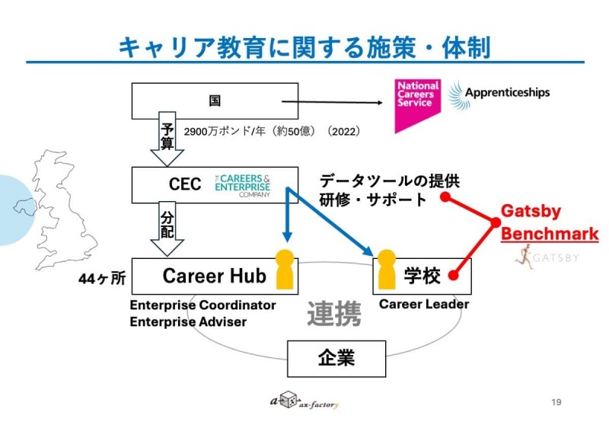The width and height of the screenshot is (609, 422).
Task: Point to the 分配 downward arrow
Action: click(x=167, y=230)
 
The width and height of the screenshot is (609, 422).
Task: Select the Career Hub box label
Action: click(x=215, y=276)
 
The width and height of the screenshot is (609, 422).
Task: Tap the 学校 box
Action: click(x=422, y=276)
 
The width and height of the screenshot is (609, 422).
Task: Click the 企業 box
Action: click(x=336, y=356)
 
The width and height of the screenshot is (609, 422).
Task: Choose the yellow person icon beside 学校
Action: click(x=386, y=269)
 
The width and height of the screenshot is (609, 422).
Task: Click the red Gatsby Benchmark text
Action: click(x=549, y=222)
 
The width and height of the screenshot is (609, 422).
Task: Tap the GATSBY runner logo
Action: click(x=545, y=257)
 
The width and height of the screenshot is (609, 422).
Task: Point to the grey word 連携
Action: click(x=333, y=314)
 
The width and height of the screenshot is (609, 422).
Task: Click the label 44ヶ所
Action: click(x=102, y=279)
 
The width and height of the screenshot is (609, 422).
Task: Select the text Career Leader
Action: click(x=424, y=304)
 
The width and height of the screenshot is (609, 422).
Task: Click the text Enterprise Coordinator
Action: click(x=202, y=305)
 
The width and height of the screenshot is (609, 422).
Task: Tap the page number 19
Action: click(x=556, y=401)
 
